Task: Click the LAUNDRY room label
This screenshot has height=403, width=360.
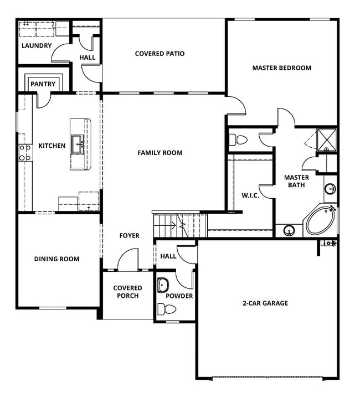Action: pyautogui.click(x=37, y=45)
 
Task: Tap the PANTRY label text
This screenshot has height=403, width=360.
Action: pyautogui.click(x=43, y=84)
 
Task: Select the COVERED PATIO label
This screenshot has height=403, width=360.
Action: pyautogui.click(x=160, y=54)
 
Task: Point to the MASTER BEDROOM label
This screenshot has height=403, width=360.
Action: pyautogui.click(x=281, y=68)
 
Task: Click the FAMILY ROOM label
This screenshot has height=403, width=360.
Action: pyautogui.click(x=160, y=153)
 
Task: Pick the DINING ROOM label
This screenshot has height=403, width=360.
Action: pyautogui.click(x=56, y=259)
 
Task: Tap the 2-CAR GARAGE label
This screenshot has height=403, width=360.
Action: pyautogui.click(x=265, y=303)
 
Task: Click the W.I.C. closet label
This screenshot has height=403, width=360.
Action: pyautogui.click(x=250, y=195)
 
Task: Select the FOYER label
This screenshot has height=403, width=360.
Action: pyautogui.click(x=130, y=236)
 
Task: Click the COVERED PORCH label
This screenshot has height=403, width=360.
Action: pyautogui.click(x=127, y=292)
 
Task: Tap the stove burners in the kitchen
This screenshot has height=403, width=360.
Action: pyautogui.click(x=25, y=152)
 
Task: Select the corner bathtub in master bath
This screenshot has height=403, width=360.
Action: pyautogui.click(x=320, y=220)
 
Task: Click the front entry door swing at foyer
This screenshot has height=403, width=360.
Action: pyautogui.click(x=128, y=260)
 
